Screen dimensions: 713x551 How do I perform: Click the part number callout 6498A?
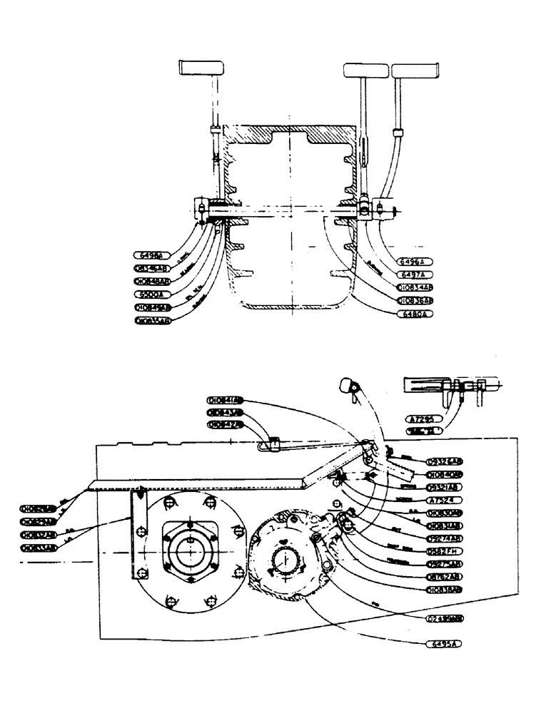tap(149, 255)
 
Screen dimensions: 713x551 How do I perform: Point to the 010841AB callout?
tap(224, 399)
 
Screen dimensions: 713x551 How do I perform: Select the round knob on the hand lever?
tap(347, 386)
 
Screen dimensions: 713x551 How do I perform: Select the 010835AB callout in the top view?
tap(153, 321)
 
